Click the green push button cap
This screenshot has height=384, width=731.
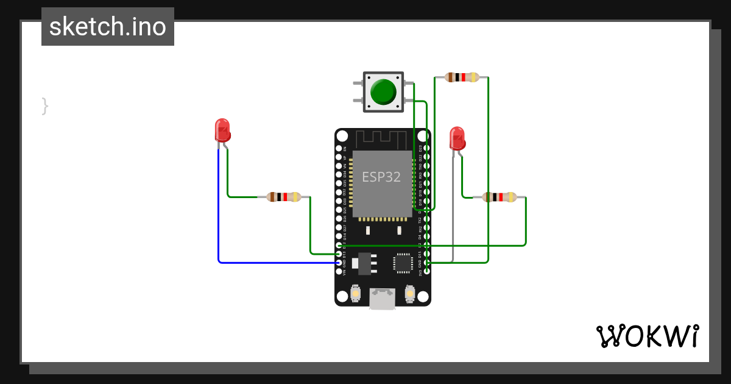tap(383, 91)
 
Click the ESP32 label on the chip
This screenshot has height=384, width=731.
tap(381, 177)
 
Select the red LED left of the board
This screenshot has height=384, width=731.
tap(222, 130)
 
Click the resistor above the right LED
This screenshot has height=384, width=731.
tap(462, 77)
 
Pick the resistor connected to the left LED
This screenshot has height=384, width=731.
tap(284, 197)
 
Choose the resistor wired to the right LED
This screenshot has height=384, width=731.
tap(499, 197)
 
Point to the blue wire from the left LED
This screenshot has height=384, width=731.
tap(219, 207)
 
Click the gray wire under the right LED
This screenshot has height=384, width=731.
tap(453, 207)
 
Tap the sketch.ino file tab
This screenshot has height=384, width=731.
tap(108, 27)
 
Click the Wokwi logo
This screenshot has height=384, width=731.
tap(647, 336)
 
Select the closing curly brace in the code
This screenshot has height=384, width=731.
tap(44, 105)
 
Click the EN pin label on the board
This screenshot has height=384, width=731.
tap(345, 148)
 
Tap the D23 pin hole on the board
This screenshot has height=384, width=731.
tap(427, 148)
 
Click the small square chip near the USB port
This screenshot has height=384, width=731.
tap(403, 262)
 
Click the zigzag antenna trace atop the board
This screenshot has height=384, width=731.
tap(383, 139)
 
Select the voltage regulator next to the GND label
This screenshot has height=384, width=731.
tap(364, 263)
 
